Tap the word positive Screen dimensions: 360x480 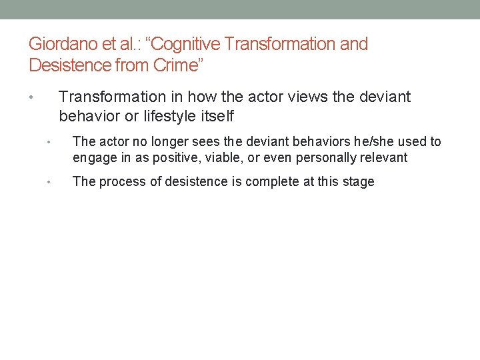point(165,158)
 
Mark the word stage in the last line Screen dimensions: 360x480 point(357,182)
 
